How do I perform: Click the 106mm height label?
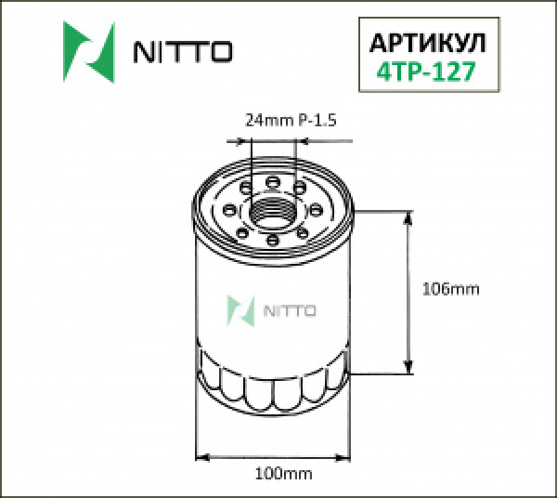click(450, 289)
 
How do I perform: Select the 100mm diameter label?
click(281, 475)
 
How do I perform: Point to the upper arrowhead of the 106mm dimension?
click(408, 216)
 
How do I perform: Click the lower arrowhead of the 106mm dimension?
click(408, 368)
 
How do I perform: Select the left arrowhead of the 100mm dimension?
click(202, 456)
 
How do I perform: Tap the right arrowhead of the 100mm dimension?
click(345, 456)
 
